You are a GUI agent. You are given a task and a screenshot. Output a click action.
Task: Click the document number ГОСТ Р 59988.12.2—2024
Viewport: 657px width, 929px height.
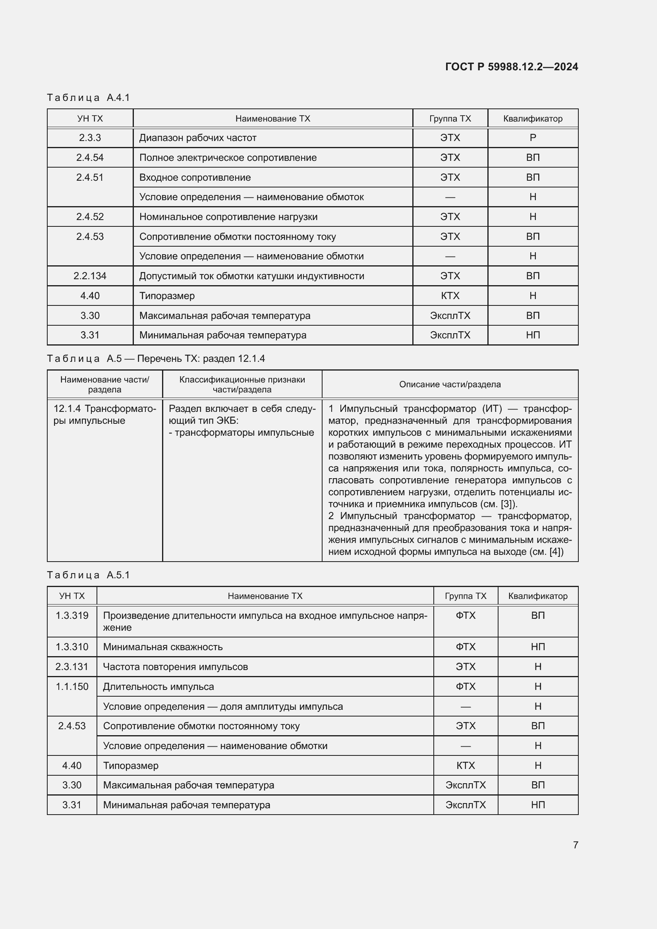[511, 67]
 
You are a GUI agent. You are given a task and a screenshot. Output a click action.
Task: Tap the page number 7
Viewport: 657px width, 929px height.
[575, 844]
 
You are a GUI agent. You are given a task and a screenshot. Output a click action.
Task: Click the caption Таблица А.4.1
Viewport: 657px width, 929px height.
[88, 98]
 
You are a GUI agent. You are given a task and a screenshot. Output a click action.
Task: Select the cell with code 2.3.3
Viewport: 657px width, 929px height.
[90, 137]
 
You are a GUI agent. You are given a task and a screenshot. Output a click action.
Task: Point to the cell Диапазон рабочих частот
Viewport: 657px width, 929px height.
[198, 137]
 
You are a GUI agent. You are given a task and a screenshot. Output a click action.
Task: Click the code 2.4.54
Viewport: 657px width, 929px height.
[90, 157]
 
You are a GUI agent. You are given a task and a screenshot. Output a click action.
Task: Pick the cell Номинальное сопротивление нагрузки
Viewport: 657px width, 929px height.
[228, 216]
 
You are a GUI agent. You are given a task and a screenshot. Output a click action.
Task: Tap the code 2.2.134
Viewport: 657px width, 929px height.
[90, 276]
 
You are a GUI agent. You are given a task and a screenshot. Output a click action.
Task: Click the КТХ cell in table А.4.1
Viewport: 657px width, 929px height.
[450, 296]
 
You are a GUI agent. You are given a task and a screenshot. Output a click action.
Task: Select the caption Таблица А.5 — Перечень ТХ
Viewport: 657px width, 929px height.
[156, 359]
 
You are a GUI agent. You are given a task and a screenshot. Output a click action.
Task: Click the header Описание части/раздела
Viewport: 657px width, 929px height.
[450, 384]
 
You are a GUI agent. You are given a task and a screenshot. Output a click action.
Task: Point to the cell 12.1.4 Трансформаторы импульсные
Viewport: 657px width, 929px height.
[104, 414]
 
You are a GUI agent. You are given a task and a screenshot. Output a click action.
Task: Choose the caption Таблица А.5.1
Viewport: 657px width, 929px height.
[88, 575]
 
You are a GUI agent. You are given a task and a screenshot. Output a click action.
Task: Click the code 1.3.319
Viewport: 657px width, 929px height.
[72, 615]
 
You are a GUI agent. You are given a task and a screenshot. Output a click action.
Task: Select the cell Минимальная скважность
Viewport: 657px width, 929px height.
[162, 647]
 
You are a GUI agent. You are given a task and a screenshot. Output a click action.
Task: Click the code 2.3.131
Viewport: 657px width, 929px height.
[72, 666]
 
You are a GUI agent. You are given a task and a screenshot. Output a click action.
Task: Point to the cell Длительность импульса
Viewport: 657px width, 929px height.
[158, 686]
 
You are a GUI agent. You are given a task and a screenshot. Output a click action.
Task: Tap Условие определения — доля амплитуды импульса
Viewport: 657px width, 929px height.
[223, 706]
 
